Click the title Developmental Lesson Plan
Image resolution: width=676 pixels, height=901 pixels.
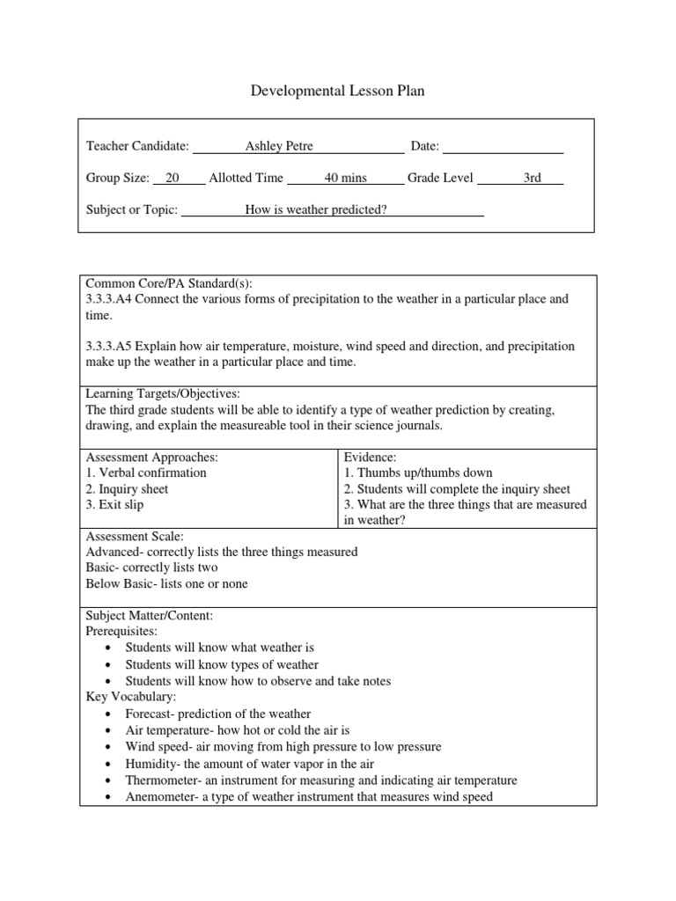(338, 92)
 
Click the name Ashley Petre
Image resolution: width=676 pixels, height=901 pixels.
(279, 146)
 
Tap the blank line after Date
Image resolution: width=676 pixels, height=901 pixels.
(503, 147)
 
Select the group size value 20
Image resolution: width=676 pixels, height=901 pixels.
(173, 178)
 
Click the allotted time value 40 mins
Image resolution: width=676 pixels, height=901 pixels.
(345, 178)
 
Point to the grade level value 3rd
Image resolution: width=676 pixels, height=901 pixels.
(532, 178)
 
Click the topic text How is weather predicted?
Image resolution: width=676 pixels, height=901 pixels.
(316, 209)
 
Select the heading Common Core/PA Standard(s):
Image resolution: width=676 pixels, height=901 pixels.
(169, 283)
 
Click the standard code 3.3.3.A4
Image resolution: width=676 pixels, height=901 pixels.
(109, 299)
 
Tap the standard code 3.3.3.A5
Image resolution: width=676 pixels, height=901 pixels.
(109, 347)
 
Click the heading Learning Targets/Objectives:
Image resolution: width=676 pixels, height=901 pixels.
(162, 393)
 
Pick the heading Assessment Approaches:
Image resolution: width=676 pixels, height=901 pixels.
(151, 458)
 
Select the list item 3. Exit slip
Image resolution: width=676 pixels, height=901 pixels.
(114, 505)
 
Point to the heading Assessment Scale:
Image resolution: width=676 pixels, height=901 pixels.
(135, 536)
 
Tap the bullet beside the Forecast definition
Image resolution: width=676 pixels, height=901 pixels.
(107, 714)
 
